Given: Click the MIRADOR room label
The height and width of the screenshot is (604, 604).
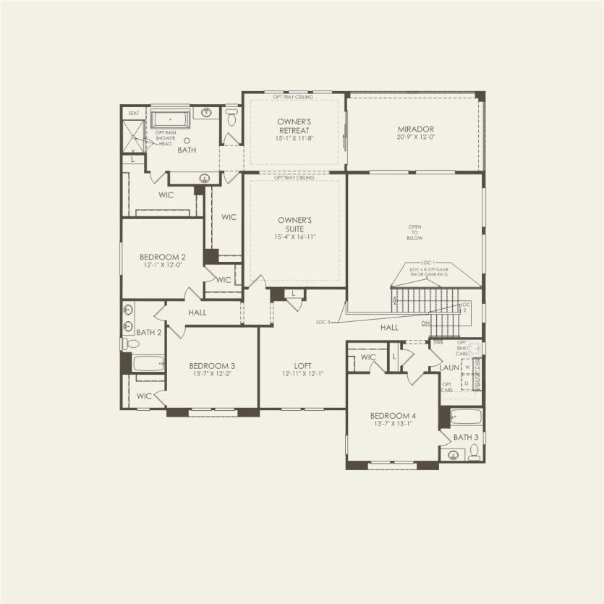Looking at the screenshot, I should [414, 129].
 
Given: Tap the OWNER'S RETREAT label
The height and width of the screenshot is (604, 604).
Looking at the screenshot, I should [294, 125].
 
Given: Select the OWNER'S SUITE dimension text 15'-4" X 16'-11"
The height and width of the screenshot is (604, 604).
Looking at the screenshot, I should [294, 237].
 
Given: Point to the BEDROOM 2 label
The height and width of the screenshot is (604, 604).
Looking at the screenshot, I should [163, 257].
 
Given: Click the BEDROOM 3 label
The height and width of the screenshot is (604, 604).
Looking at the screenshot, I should [212, 365].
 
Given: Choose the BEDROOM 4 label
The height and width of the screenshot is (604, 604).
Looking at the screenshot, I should [393, 415].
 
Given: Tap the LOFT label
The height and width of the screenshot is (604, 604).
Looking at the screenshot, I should [302, 365].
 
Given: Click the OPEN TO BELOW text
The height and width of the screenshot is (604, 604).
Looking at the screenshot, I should [414, 232].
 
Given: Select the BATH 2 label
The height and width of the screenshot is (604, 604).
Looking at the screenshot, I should [149, 333].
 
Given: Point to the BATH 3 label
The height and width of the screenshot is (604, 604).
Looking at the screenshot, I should [466, 437].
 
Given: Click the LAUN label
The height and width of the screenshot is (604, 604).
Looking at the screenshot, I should [450, 367].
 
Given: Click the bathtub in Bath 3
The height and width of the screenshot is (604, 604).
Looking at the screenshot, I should [466, 417].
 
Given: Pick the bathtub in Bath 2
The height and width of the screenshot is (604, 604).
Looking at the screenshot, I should [148, 364].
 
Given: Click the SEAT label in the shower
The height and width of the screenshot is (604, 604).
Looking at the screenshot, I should [133, 113].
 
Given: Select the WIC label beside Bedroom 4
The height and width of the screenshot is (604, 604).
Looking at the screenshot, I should [368, 357].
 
